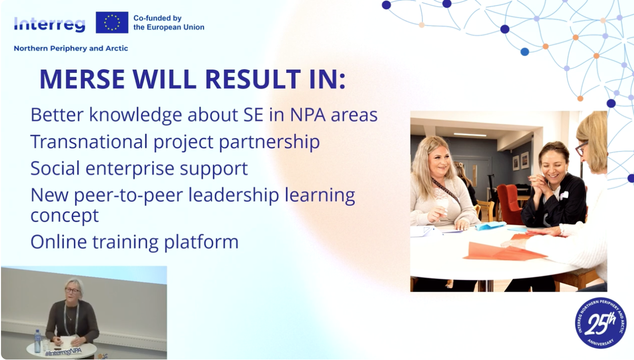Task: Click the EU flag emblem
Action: pyautogui.click(x=112, y=22)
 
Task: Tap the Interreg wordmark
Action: pyautogui.click(x=50, y=25)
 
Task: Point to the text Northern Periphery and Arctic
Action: pyautogui.click(x=71, y=49)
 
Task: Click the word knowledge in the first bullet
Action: pyautogui.click(x=136, y=115)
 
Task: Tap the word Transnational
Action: pyautogui.click(x=89, y=141)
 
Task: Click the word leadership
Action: pyautogui.click(x=233, y=195)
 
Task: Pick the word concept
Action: pyautogui.click(x=64, y=216)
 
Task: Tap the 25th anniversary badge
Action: pyautogui.click(x=601, y=323)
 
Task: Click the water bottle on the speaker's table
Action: pyautogui.click(x=37, y=341)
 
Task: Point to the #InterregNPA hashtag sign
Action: pyautogui.click(x=63, y=352)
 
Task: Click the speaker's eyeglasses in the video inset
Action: pyautogui.click(x=72, y=290)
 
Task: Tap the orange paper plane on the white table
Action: pyautogui.click(x=504, y=252)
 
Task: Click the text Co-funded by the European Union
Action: pyautogui.click(x=169, y=23)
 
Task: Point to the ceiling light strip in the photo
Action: pyautogui.click(x=470, y=134)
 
